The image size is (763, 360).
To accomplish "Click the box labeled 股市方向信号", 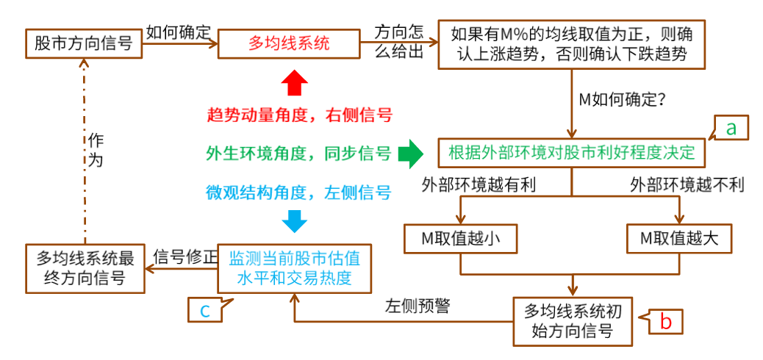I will pos(83,44).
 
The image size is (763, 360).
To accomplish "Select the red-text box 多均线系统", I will pos(288,44).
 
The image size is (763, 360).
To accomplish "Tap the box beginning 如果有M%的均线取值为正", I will pos(571,44).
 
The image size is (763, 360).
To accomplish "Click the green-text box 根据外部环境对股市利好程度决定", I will pos(571,153).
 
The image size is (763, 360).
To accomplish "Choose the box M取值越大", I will pos(679,238).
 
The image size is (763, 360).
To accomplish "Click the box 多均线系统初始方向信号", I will pos(572,320).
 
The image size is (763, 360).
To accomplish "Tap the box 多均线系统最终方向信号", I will pos(85,267).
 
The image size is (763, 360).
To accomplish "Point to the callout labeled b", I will pos(666,320).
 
